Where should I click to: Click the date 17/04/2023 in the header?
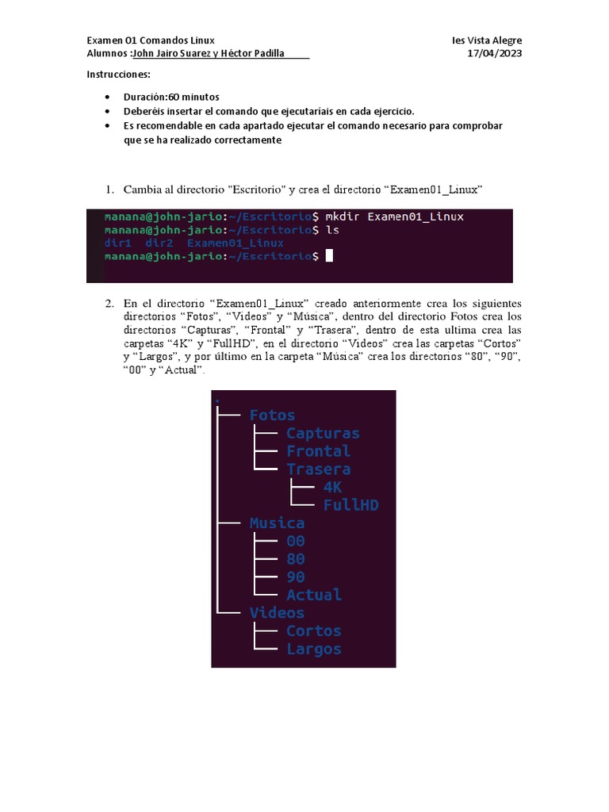click(x=495, y=54)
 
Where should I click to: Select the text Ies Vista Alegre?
click(x=487, y=40)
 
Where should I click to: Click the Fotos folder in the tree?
click(x=272, y=415)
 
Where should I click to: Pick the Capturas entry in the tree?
click(x=323, y=433)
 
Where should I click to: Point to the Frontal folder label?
click(x=318, y=450)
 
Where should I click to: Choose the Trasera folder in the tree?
click(x=318, y=469)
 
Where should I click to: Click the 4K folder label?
click(x=332, y=487)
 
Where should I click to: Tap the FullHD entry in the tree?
click(x=350, y=505)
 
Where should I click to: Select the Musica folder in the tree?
click(x=277, y=523)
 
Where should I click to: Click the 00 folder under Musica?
click(x=295, y=541)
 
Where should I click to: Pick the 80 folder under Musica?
click(x=295, y=559)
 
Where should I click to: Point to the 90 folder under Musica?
click(x=295, y=576)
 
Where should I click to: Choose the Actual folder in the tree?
click(x=314, y=595)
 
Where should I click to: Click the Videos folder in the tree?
click(x=277, y=613)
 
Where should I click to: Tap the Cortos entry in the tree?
click(x=314, y=631)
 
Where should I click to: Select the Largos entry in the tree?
click(x=314, y=649)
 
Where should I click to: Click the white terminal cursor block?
click(x=329, y=255)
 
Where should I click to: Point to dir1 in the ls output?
click(x=117, y=243)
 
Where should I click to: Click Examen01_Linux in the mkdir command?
click(x=416, y=216)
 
